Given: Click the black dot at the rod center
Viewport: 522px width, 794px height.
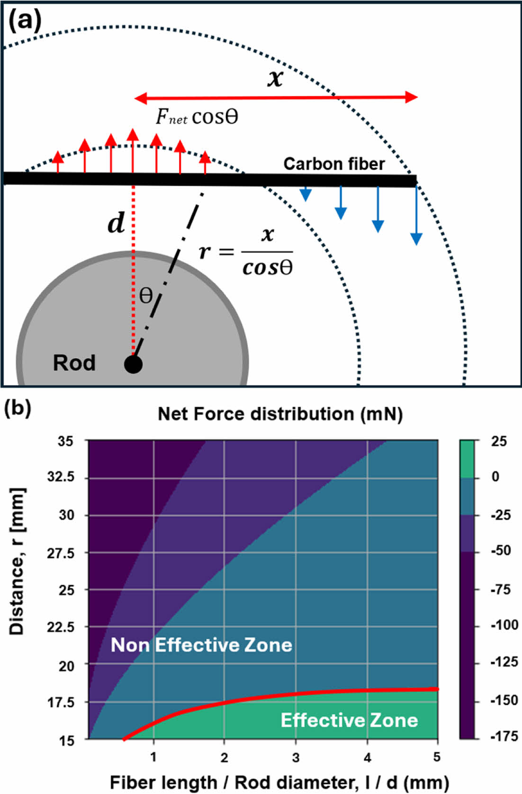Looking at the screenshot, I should (133, 364).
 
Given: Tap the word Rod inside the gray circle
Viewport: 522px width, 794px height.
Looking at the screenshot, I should (74, 363).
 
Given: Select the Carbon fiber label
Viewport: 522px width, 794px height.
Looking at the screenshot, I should (333, 164).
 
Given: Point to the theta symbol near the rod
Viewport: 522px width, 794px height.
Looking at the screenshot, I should (146, 296).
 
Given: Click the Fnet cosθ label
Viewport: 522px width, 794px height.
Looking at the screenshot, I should (197, 117).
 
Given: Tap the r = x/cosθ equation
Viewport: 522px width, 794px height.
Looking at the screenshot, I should (246, 251).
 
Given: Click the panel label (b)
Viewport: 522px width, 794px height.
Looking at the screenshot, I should (18, 408).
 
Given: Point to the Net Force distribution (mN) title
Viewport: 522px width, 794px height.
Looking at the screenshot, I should (280, 414).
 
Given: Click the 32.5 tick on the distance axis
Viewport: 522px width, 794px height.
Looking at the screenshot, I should (61, 477).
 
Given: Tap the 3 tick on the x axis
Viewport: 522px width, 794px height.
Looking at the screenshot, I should (296, 757).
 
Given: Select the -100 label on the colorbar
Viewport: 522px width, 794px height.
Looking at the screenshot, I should (504, 625).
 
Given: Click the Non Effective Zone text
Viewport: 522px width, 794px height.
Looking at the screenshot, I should (201, 645).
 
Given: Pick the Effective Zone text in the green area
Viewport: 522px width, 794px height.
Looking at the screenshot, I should (349, 720).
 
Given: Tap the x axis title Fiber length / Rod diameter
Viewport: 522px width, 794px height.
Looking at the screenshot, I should (279, 782).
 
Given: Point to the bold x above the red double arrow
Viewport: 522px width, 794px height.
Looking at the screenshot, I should (275, 78).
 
